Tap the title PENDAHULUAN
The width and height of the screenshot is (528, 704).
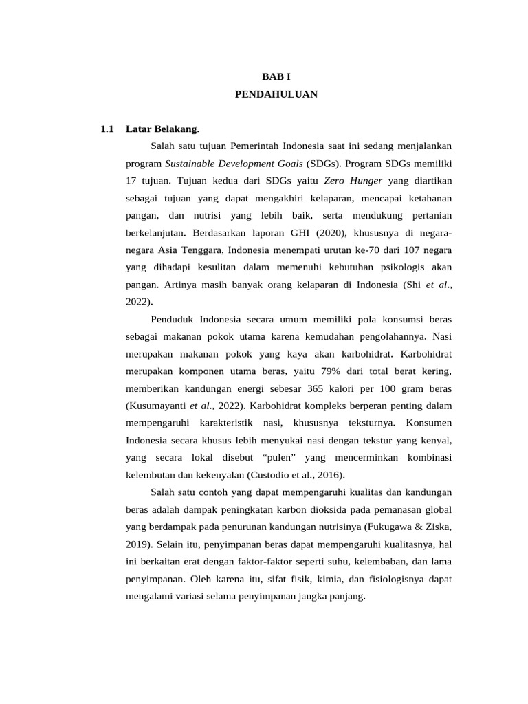point(276,94)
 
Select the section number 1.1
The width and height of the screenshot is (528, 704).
point(106,129)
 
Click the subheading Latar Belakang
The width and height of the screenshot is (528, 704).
point(162,129)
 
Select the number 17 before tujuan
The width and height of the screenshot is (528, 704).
point(132,181)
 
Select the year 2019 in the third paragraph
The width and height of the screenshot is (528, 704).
point(136,544)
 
